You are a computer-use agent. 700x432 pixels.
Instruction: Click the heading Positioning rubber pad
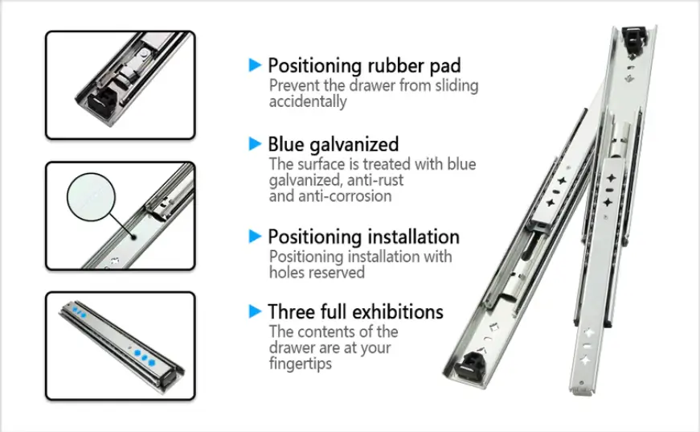pos(364,66)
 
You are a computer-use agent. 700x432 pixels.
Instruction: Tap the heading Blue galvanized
pos(333,144)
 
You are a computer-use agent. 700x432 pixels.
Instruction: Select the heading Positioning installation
pos(363,237)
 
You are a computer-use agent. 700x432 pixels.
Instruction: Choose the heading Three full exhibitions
pos(355,312)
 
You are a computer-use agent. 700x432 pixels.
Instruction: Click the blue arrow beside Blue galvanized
pos(255,144)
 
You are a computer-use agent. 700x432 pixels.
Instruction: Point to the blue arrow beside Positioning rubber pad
pos(255,65)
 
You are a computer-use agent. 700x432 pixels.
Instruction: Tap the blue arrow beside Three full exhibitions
pos(255,311)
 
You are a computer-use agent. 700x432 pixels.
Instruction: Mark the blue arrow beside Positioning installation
pos(255,237)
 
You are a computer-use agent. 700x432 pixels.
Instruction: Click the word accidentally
pos(308,101)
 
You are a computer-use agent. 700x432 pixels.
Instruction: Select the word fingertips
pos(301,364)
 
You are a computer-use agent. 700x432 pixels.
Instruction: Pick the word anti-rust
pos(375,180)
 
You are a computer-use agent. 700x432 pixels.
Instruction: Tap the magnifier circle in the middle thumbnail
pos(91,197)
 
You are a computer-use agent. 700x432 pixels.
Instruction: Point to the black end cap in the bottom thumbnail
pos(171,377)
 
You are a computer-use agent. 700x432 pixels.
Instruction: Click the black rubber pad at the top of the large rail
pos(634,39)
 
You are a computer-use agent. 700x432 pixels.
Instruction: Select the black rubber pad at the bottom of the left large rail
pos(469,364)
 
